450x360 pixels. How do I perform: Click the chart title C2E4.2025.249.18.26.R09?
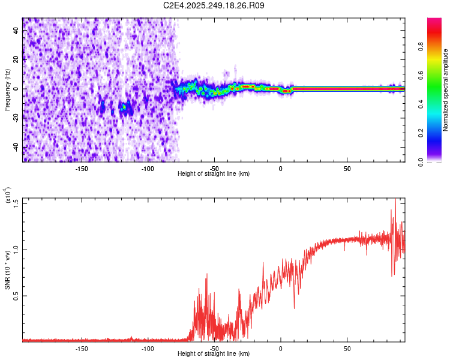pyautogui.click(x=214, y=5)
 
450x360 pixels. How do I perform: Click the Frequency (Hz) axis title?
pyautogui.click(x=7, y=90)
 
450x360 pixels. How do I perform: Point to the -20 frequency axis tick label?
pyautogui.click(x=17, y=118)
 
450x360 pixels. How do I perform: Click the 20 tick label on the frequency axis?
pyautogui.click(x=17, y=60)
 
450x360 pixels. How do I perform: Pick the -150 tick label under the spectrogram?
pyautogui.click(x=82, y=168)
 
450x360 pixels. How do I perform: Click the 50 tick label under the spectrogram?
pyautogui.click(x=347, y=168)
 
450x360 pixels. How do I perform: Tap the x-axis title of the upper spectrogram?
pyautogui.click(x=214, y=174)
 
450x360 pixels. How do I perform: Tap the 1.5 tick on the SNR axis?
pyautogui.click(x=16, y=203)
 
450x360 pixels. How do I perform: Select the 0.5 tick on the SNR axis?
pyautogui.click(x=16, y=296)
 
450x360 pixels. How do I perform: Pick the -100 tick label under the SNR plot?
pyautogui.click(x=148, y=348)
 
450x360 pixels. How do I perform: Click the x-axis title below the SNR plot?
pyautogui.click(x=214, y=354)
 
